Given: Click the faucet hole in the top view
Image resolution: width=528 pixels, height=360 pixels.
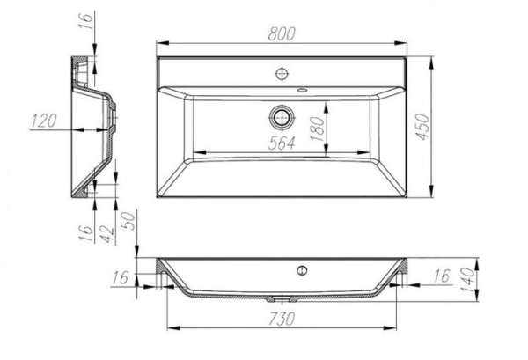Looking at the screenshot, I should point(282,72).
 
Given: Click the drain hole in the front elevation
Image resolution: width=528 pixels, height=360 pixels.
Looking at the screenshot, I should point(304,268).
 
